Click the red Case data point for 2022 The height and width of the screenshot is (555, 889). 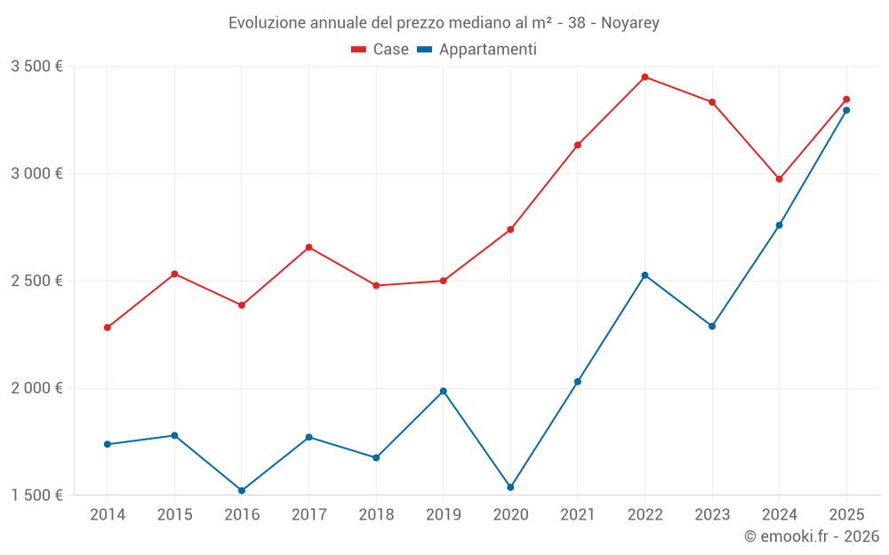[x=645, y=77]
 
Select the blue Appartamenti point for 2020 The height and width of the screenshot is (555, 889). [x=510, y=488]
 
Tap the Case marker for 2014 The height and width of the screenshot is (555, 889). [x=108, y=328]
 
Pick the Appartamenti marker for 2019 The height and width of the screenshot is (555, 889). [x=444, y=392]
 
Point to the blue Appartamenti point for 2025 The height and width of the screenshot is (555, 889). [x=846, y=110]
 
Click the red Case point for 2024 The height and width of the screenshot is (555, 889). [x=780, y=179]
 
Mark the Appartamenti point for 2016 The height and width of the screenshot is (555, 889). [x=242, y=490]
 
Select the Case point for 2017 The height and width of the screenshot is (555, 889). [x=309, y=248]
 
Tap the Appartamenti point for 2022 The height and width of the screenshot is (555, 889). [x=645, y=275]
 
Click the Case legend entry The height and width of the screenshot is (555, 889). [x=380, y=50]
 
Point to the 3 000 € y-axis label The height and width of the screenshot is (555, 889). [x=36, y=173]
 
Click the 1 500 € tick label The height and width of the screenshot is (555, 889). [x=36, y=496]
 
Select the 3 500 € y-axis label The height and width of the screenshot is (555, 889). [x=36, y=67]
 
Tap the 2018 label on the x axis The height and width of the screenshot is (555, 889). [x=376, y=515]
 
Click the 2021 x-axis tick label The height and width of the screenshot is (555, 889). [x=578, y=515]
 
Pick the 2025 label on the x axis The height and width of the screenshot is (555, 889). [x=846, y=515]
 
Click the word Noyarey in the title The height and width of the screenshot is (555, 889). [x=630, y=23]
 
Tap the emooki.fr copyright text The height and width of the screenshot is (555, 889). [x=812, y=536]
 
